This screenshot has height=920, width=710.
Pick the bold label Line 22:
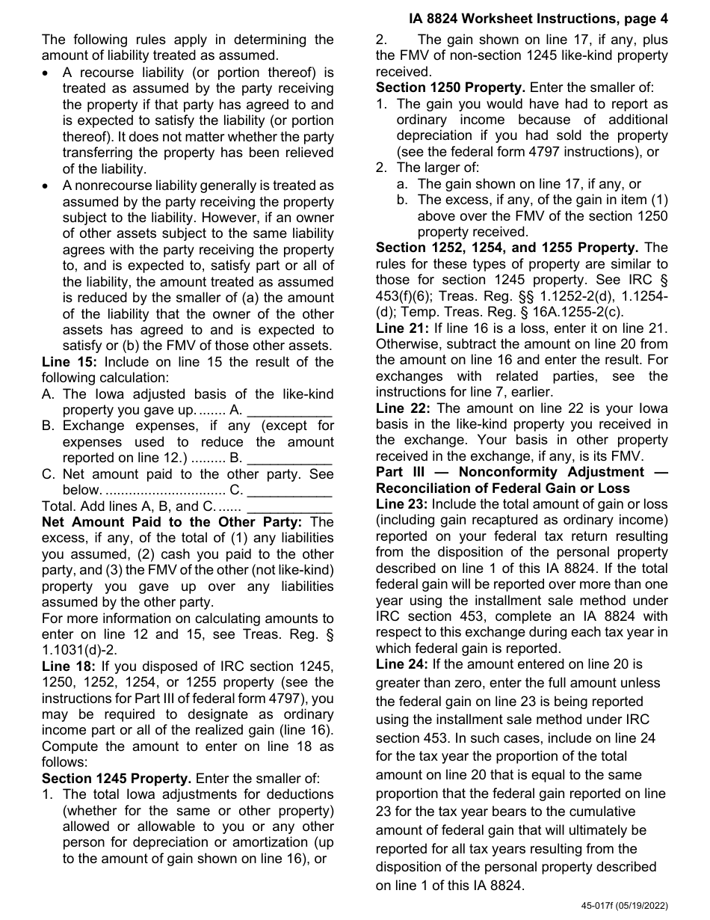coord(400,408)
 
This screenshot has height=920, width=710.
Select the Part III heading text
coord(521,480)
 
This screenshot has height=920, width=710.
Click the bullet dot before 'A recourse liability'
coord(47,73)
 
